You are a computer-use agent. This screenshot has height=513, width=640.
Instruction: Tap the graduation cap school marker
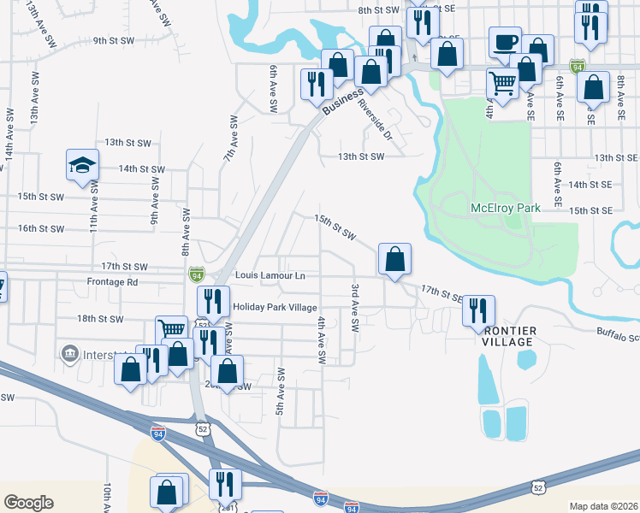(x=83, y=164)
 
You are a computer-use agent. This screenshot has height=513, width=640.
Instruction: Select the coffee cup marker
(x=504, y=42)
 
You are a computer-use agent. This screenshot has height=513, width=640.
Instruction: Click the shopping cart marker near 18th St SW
(x=171, y=330)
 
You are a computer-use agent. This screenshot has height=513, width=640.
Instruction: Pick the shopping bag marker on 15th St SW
(x=394, y=258)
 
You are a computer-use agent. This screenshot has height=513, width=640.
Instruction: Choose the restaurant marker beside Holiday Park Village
(x=213, y=301)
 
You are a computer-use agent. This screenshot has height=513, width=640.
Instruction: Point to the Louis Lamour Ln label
(x=270, y=276)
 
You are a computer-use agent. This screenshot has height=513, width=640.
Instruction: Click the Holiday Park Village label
(x=276, y=308)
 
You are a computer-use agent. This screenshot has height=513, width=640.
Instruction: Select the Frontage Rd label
(x=112, y=281)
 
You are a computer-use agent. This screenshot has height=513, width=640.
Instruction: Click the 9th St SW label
(x=114, y=40)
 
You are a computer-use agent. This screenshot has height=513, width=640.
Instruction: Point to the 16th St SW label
(x=41, y=228)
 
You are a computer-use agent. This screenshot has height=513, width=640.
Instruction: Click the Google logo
(x=28, y=502)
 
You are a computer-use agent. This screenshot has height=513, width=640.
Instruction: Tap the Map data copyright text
(x=602, y=506)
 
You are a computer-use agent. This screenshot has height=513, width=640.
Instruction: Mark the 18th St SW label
(x=100, y=319)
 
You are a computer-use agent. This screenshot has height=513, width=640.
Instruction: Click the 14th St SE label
(x=590, y=184)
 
